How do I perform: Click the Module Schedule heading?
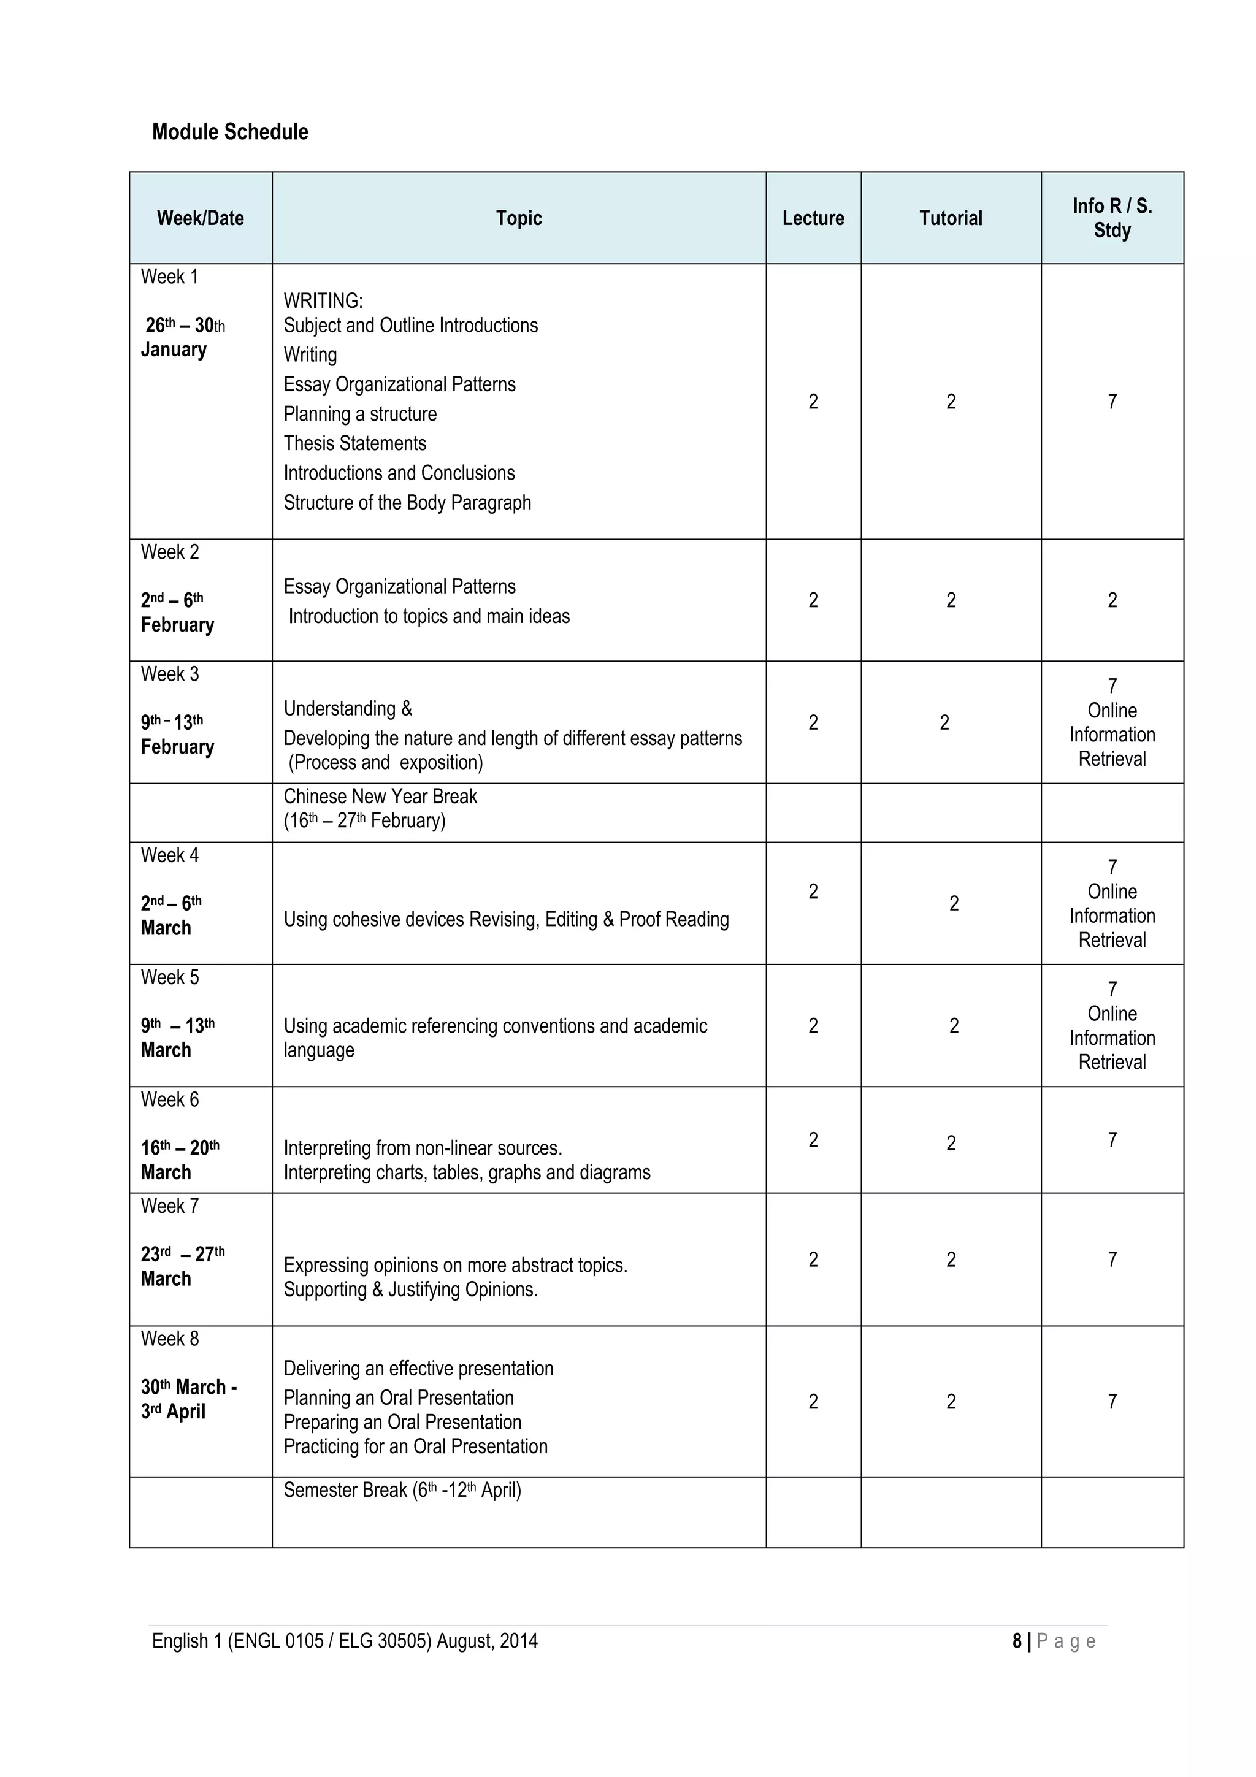click(x=230, y=132)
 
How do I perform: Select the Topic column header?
click(x=518, y=218)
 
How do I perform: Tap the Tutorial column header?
click(x=951, y=218)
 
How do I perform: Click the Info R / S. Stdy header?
click(x=1111, y=218)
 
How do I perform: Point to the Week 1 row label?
click(x=169, y=277)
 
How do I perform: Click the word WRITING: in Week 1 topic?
click(x=323, y=300)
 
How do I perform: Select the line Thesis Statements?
click(x=354, y=443)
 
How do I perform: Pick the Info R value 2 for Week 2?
click(x=1112, y=600)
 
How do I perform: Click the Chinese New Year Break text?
click(x=380, y=797)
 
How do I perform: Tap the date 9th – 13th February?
click(x=177, y=734)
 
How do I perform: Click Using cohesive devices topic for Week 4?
click(x=506, y=919)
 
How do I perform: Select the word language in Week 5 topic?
click(x=319, y=1050)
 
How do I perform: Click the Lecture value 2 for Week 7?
click(x=813, y=1260)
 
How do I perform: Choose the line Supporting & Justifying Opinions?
click(x=410, y=1290)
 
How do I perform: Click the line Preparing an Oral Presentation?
click(x=402, y=1422)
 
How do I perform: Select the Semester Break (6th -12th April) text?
click(x=402, y=1490)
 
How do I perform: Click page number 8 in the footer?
click(x=1017, y=1641)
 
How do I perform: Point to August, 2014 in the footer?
click(x=487, y=1641)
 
